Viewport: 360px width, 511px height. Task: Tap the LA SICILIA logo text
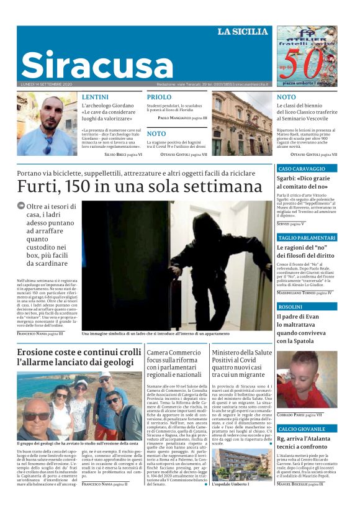point(243,32)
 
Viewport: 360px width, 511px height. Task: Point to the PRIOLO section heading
point(159,97)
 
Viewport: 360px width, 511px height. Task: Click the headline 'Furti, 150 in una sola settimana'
point(140,186)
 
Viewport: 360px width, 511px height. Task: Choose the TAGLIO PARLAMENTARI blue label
point(307,238)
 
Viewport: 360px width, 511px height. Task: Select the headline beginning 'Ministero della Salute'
point(241,364)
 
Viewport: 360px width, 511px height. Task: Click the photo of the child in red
point(307,379)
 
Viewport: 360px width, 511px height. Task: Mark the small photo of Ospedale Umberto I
point(241,464)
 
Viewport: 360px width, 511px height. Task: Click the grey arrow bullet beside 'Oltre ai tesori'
point(21,206)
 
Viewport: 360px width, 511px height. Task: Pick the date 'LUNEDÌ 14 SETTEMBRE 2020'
point(47,84)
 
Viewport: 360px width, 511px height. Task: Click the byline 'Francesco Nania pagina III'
point(40,333)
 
